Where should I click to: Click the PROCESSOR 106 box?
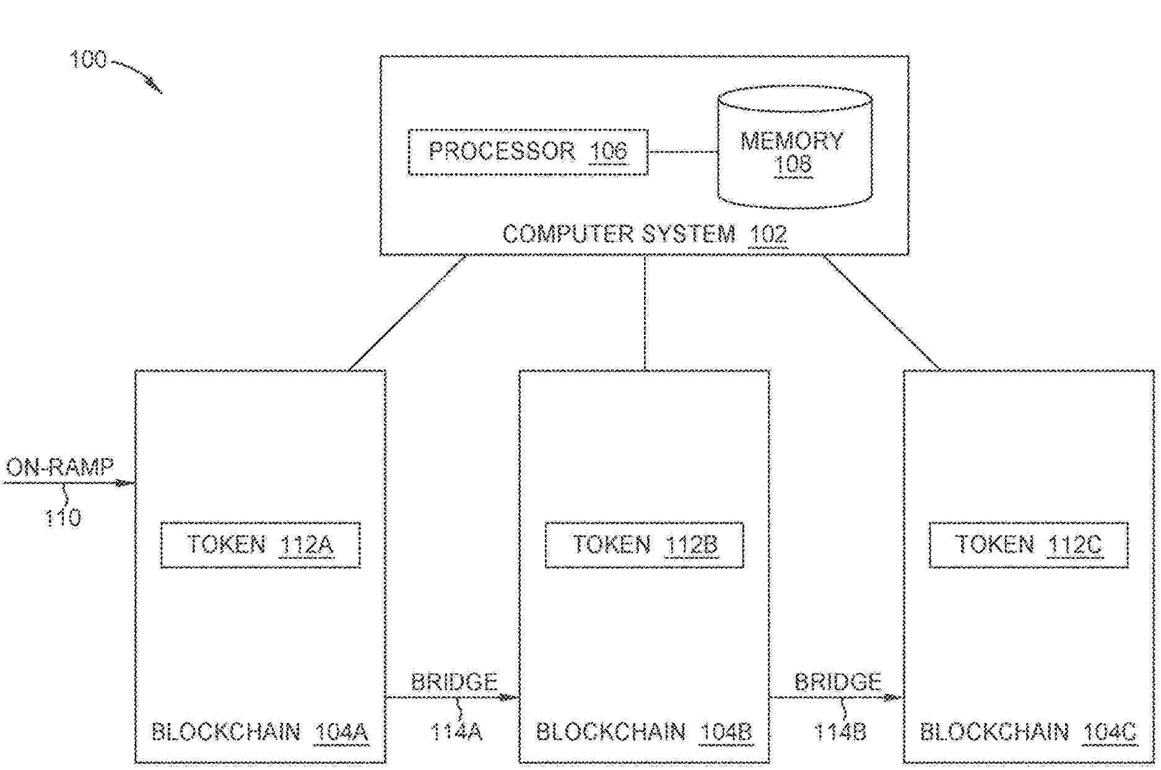point(528,152)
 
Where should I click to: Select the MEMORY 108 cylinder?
point(794,152)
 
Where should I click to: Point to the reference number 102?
point(768,235)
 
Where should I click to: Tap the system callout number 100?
point(88,60)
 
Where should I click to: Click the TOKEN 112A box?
point(260,545)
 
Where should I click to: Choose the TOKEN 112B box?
point(644,545)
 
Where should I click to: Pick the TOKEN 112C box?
point(1028,545)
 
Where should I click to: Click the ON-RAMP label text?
point(60,467)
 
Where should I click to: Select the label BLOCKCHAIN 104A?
point(260,733)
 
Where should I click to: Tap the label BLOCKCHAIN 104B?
point(644,733)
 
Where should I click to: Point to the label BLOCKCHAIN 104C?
point(1028,733)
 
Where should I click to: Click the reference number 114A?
point(456,733)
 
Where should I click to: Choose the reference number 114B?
point(840,733)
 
